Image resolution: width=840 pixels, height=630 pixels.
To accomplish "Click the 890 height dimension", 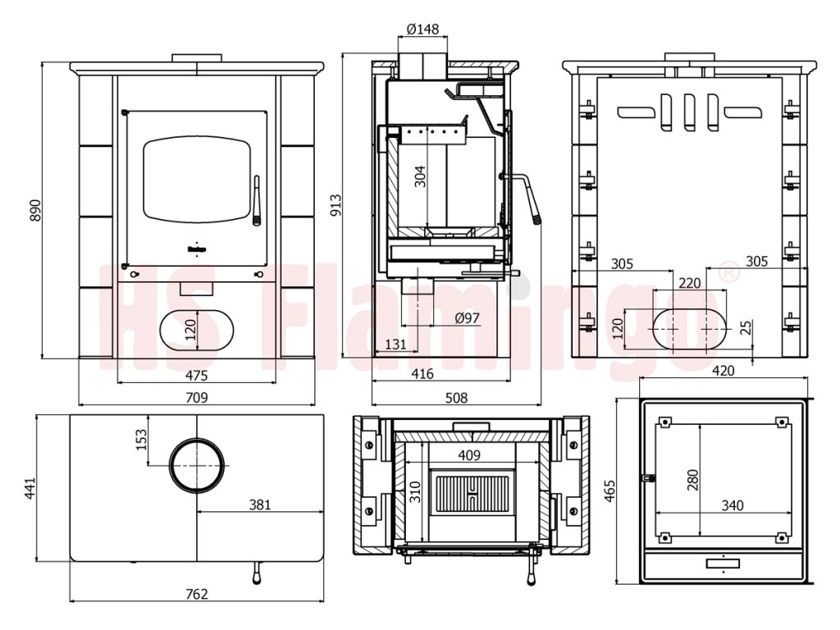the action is coord(34,211).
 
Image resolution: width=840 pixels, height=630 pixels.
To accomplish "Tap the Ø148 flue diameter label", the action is coord(422,29).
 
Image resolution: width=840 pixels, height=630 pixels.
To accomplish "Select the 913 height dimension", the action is coord(336,205).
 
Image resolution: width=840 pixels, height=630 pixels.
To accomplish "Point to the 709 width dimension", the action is coord(197,398).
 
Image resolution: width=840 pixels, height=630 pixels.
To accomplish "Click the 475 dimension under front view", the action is coord(197,376).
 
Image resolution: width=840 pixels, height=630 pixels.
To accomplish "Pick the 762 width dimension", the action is coord(197,594).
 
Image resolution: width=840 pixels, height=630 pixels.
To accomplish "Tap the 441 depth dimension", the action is coord(30,488).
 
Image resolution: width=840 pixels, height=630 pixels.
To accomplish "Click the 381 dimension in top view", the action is coord(260,504).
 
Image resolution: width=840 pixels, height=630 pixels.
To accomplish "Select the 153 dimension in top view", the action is coord(141,440).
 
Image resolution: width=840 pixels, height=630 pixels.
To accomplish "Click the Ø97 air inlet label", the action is coord(467,318).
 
